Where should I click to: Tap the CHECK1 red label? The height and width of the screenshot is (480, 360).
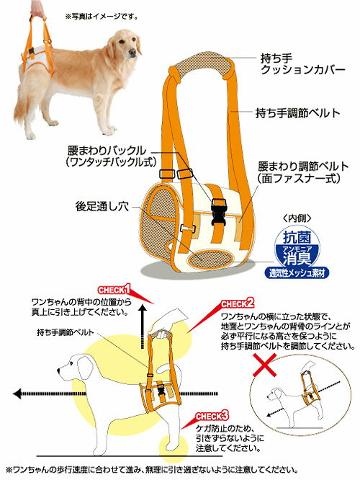tap(114, 289)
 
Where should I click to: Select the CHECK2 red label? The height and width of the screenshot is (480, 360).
tap(238, 303)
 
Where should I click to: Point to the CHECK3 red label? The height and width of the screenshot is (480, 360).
tap(212, 416)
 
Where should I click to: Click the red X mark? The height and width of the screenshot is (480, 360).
tap(265, 365)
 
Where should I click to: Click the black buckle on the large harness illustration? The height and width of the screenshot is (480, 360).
tap(218, 211)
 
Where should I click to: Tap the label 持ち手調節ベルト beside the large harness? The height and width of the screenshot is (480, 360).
tap(297, 113)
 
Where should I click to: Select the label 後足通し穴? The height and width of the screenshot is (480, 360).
tap(102, 206)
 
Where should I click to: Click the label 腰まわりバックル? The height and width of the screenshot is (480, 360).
tap(107, 151)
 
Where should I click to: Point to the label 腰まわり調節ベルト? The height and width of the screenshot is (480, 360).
tap(303, 166)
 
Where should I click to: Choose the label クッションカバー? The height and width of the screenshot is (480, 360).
tap(302, 70)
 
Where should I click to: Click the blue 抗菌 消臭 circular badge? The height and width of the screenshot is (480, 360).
tap(297, 247)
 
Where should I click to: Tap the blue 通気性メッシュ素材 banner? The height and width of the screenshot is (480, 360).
tap(297, 272)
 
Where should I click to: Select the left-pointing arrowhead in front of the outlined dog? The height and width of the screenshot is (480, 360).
tap(17, 394)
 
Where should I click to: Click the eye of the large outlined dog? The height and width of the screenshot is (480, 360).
tap(71, 364)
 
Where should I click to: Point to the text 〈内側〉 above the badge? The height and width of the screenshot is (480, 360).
tap(297, 218)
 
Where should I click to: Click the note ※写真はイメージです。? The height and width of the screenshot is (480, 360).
tap(102, 16)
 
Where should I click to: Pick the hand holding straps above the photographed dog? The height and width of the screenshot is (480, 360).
tap(37, 8)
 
